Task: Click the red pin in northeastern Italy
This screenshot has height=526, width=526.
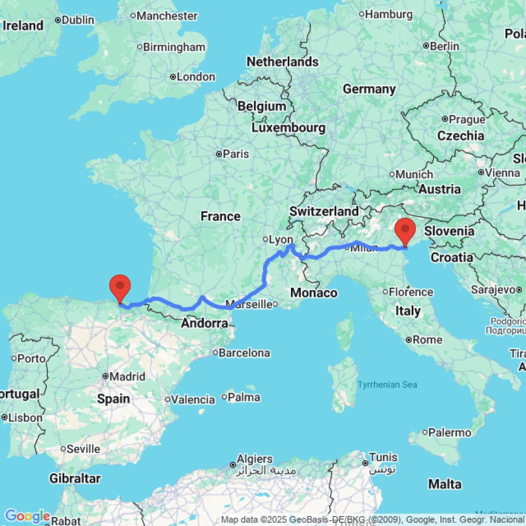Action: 405,232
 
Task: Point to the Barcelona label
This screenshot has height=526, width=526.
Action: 244,353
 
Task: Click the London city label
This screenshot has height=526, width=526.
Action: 196,77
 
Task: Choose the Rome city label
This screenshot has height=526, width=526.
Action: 427,340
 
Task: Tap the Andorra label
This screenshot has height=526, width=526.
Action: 205,323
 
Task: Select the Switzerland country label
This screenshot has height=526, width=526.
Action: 324,211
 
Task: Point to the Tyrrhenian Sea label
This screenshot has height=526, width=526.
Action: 387,385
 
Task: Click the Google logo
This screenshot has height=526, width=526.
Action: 27,517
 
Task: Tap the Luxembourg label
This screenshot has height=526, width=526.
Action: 288,128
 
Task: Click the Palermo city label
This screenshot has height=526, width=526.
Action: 449,433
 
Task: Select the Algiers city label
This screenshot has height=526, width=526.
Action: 255,459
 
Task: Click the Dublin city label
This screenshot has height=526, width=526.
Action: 77,20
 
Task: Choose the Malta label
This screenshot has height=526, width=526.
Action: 444,484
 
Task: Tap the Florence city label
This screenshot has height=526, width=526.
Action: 411,292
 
